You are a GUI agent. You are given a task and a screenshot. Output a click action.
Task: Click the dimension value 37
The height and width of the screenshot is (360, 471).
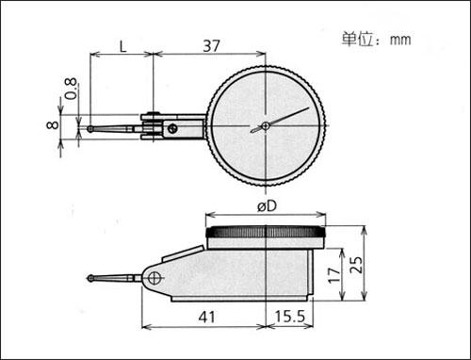211,46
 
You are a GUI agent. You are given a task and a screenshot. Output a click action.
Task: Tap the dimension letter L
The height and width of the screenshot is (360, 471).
122,47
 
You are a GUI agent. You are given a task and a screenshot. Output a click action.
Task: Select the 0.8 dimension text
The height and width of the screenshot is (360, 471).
71,89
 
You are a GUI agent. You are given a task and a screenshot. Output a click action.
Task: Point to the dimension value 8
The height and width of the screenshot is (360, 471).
52,124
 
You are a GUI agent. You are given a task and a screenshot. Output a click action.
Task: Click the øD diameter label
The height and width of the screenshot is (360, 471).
267,206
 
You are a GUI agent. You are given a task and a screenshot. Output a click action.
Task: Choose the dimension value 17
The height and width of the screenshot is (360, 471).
334,275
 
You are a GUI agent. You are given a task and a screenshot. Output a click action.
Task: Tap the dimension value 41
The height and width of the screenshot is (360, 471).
207,318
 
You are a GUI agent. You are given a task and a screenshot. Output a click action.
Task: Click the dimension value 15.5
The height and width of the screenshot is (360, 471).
290,317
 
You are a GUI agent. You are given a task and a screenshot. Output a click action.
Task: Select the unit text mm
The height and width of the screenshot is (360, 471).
400,41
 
